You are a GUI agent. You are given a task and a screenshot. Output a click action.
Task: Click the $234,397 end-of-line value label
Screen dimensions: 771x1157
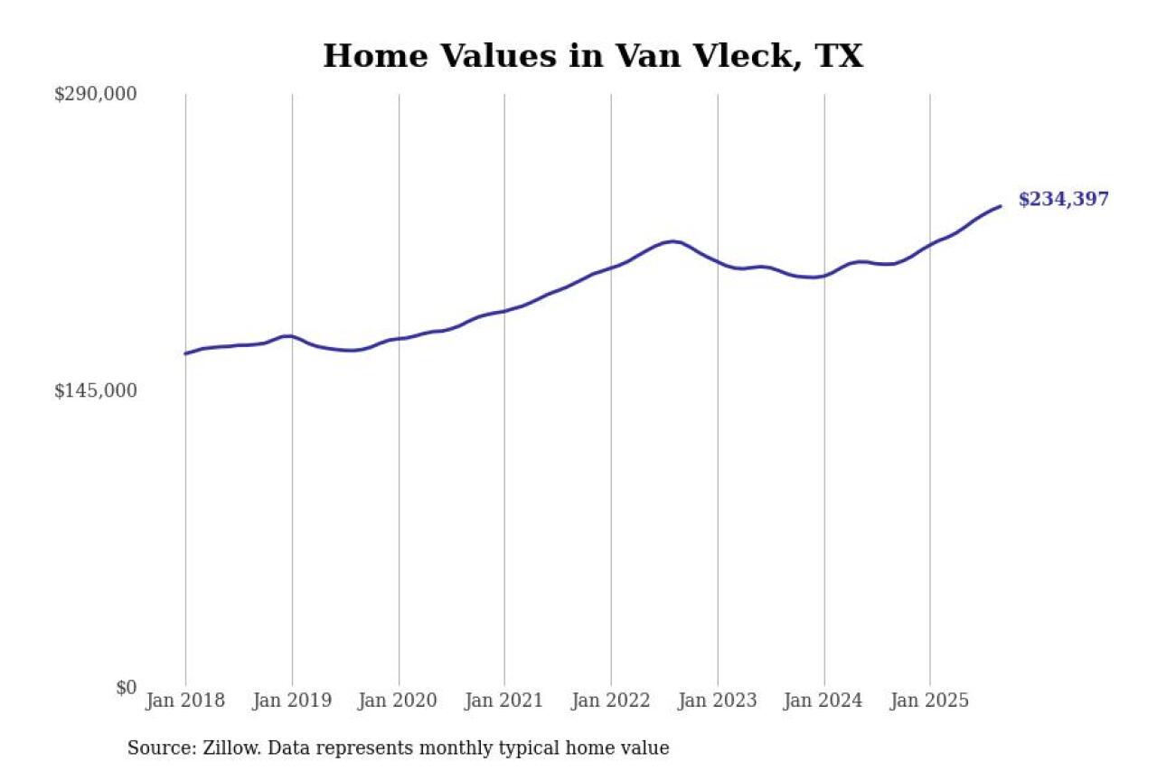[x=1063, y=200]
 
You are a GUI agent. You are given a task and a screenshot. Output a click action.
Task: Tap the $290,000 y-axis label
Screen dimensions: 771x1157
[x=96, y=94]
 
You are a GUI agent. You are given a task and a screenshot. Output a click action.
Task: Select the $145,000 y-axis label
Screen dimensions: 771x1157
[x=96, y=390]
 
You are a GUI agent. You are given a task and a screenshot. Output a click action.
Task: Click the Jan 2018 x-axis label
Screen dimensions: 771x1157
[x=185, y=700]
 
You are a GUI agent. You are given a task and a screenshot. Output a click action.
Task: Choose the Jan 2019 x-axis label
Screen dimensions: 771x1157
[x=292, y=700]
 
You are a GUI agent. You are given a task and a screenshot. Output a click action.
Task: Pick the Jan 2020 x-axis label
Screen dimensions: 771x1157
[x=399, y=700]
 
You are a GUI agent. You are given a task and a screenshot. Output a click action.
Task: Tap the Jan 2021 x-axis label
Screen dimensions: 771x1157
[x=504, y=700]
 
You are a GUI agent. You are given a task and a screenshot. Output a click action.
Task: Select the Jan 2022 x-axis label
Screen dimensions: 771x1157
[x=611, y=700]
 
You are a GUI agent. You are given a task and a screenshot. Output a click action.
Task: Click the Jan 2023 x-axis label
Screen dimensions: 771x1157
[x=718, y=700]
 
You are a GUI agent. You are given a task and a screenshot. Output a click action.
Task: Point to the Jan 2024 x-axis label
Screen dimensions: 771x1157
[x=823, y=700]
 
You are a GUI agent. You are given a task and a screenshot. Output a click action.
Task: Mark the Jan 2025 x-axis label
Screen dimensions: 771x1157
[x=930, y=700]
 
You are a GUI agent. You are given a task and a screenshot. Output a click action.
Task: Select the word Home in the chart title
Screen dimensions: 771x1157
[x=364, y=56]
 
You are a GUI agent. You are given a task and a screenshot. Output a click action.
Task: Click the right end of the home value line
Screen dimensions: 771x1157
[x=1001, y=206]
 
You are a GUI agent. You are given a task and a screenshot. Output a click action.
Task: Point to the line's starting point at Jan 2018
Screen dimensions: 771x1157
[x=185, y=353]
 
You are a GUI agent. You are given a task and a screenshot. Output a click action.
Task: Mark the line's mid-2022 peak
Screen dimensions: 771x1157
[x=672, y=241]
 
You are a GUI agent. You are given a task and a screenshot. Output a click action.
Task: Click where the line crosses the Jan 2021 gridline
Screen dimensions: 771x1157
[x=504, y=311]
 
